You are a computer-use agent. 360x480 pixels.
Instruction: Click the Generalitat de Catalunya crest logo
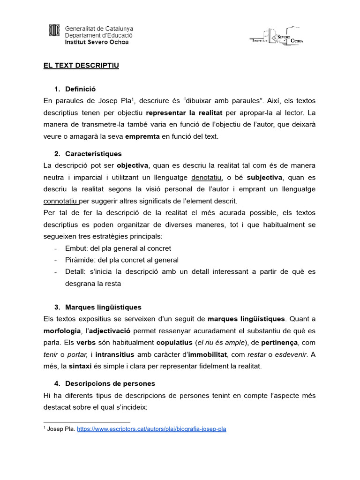[55, 31]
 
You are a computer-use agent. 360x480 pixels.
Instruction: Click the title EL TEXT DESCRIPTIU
[82, 66]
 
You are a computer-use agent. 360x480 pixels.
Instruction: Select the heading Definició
[81, 89]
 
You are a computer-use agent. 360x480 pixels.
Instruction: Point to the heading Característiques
[93, 153]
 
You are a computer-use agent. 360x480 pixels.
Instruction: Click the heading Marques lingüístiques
[103, 307]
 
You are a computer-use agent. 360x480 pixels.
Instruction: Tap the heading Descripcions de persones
[110, 383]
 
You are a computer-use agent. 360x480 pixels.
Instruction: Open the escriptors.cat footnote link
[152, 429]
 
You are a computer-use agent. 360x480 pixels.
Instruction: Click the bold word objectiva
[133, 165]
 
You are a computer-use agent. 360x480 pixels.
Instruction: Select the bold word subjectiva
[264, 178]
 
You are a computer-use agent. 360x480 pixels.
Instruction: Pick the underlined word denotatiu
[207, 178]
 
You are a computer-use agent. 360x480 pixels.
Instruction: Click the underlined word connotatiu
[60, 202]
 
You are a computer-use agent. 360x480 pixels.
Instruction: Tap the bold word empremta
[142, 136]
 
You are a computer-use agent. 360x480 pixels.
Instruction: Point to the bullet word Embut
[75, 248]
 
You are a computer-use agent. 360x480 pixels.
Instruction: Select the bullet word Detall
[75, 271]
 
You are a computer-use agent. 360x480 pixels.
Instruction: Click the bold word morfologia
[62, 331]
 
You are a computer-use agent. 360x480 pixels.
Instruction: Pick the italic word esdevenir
[291, 354]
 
